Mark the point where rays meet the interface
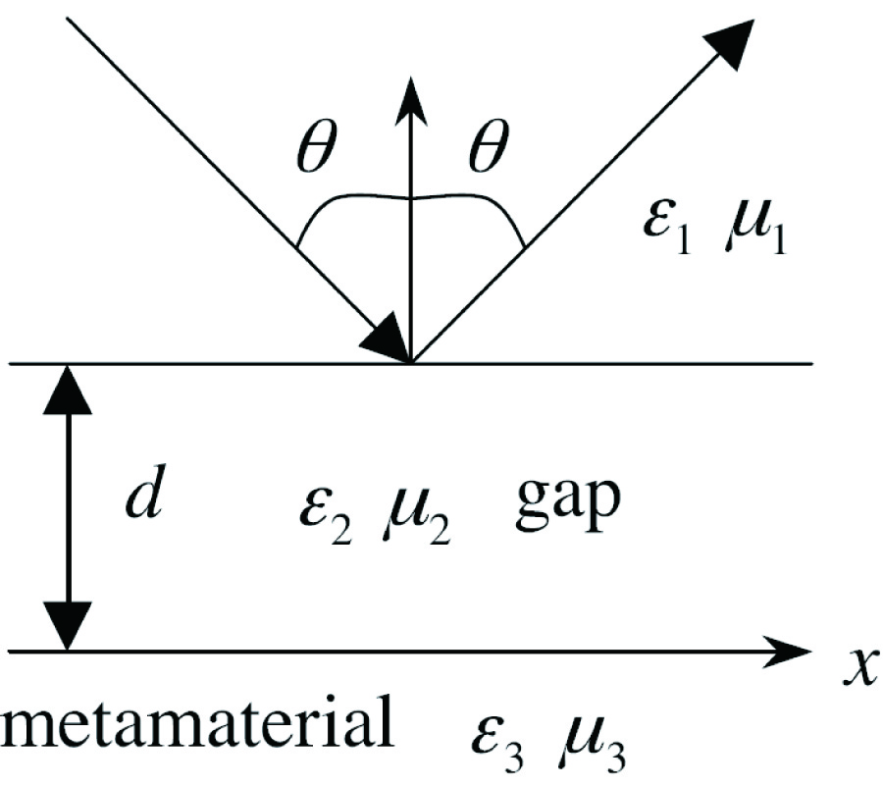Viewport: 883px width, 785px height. click(412, 363)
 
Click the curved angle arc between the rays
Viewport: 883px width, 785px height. click(412, 200)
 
